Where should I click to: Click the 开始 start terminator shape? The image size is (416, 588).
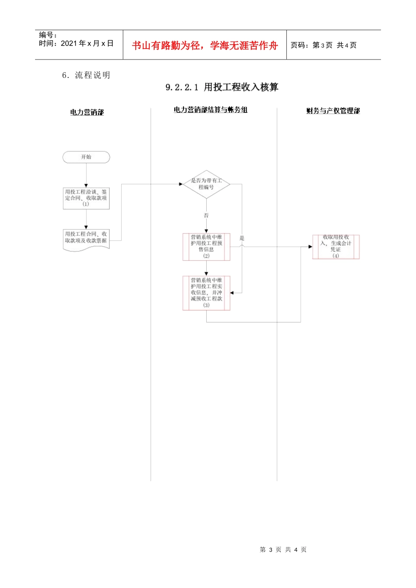(x=86, y=157)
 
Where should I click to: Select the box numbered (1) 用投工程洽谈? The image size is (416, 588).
(x=86, y=198)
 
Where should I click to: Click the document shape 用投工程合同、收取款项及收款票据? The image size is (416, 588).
(x=86, y=239)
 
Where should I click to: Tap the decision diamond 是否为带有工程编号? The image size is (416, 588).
(x=206, y=184)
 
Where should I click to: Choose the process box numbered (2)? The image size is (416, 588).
(x=206, y=247)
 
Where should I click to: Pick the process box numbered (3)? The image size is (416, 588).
(x=206, y=293)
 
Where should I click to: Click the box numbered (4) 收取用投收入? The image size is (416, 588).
(x=336, y=247)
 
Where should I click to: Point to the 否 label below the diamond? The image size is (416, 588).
(x=206, y=215)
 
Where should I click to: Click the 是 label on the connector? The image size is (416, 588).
(x=242, y=238)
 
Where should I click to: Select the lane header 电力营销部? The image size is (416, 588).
(x=87, y=112)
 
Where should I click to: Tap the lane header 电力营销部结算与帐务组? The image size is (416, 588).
(x=211, y=110)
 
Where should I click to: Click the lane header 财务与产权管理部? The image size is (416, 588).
(x=333, y=111)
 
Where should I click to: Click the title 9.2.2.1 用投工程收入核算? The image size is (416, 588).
(x=222, y=87)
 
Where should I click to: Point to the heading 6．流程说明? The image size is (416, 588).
(x=86, y=75)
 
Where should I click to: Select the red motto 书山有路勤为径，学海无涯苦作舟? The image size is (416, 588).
(x=205, y=45)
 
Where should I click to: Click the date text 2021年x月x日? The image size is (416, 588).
(x=87, y=43)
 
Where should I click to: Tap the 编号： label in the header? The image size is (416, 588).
(x=48, y=35)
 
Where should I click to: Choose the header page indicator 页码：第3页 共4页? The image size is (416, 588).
(x=324, y=45)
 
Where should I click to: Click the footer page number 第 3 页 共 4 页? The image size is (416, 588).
(x=283, y=549)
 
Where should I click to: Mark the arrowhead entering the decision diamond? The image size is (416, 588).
(x=181, y=184)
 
